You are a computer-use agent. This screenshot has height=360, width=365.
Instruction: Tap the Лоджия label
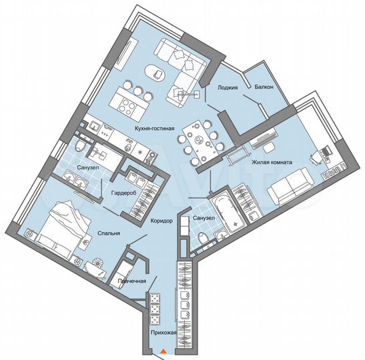[228, 87]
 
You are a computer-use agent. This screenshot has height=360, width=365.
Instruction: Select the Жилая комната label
[270, 161]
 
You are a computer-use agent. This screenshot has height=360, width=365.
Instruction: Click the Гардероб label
[124, 192]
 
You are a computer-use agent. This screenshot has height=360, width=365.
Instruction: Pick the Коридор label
[161, 221]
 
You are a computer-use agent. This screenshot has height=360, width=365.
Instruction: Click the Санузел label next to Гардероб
[88, 168]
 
